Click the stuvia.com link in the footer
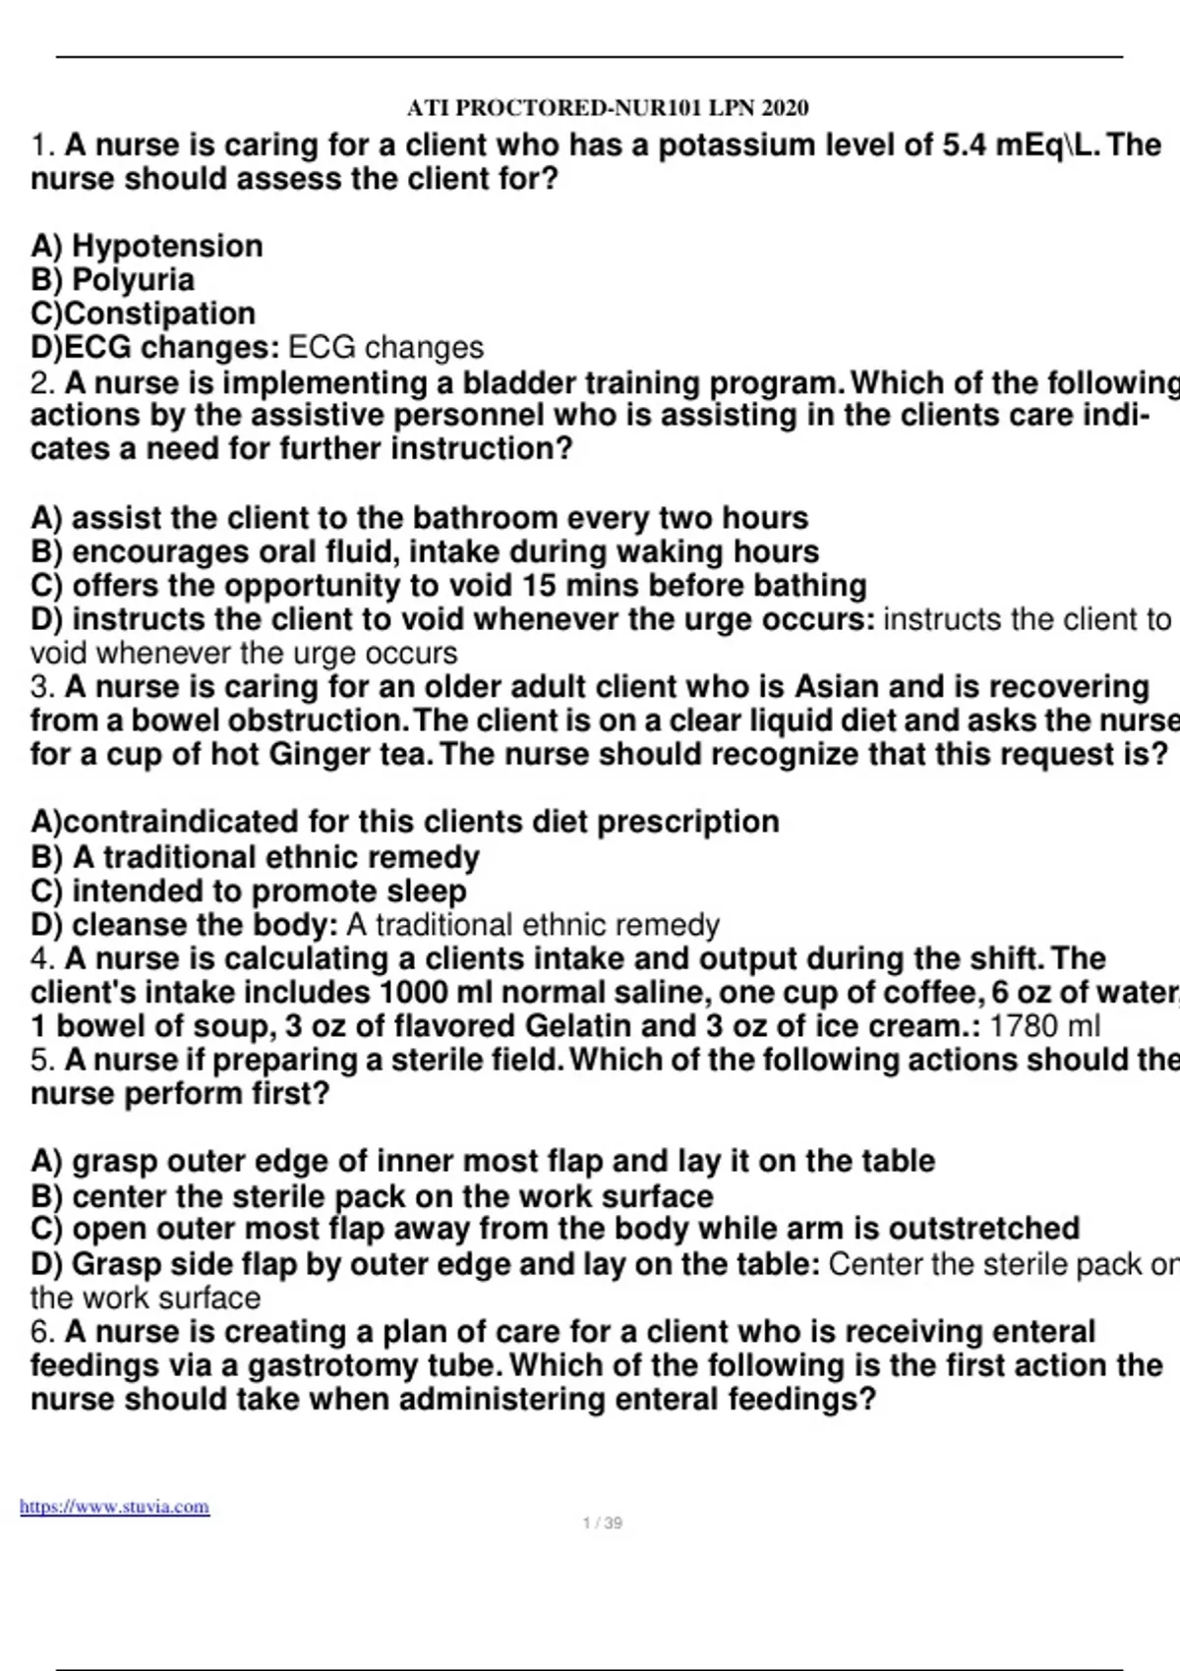(x=114, y=1507)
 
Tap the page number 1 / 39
(x=602, y=1524)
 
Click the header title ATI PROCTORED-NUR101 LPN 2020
(x=608, y=108)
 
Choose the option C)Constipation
(x=144, y=314)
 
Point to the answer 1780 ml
(x=1044, y=1026)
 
